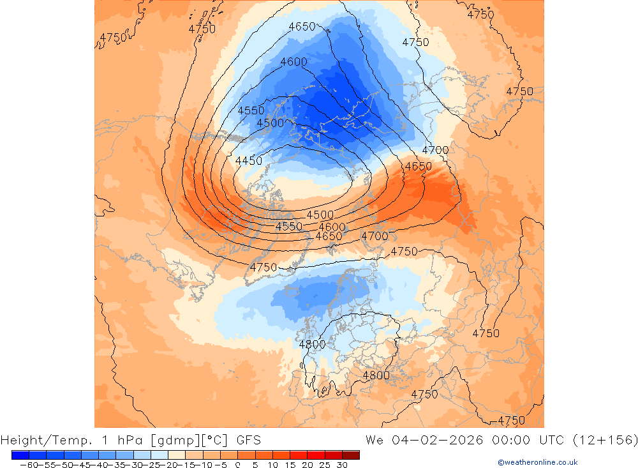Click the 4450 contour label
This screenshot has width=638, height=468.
[249, 161]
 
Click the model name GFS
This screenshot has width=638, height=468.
[248, 440]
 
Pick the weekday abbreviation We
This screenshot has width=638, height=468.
[375, 440]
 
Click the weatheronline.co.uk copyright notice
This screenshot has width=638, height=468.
[537, 462]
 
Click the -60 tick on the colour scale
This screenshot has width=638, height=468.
[28, 465]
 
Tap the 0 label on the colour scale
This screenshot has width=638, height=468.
[237, 465]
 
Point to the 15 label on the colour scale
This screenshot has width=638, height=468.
[289, 465]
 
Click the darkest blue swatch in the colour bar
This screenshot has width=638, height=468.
[20, 455]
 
